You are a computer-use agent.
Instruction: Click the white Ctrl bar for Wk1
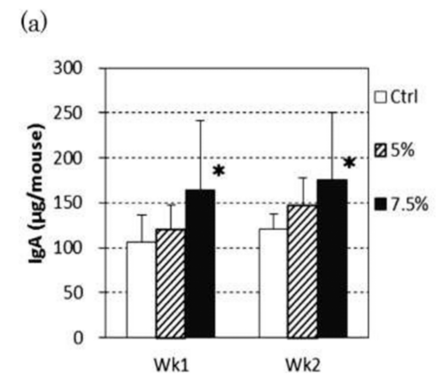(141, 290)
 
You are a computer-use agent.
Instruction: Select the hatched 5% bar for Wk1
(171, 283)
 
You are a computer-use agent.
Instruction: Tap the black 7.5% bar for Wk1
(200, 264)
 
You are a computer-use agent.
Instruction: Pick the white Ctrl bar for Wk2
(274, 283)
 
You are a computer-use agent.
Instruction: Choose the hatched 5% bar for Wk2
(303, 271)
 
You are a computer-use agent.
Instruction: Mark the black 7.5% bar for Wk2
(333, 259)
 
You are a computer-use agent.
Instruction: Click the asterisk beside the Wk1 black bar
(219, 170)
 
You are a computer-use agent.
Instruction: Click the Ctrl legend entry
(396, 97)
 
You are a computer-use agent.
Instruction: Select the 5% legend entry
(394, 151)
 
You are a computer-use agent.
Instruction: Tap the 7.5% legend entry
(401, 204)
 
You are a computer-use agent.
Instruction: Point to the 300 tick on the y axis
(68, 68)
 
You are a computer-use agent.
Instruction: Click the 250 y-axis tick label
(68, 113)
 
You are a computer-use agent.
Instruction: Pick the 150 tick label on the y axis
(68, 203)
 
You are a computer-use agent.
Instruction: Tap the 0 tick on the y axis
(78, 338)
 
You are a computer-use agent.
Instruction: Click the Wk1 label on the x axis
(171, 365)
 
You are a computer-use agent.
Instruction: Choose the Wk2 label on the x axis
(303, 365)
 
